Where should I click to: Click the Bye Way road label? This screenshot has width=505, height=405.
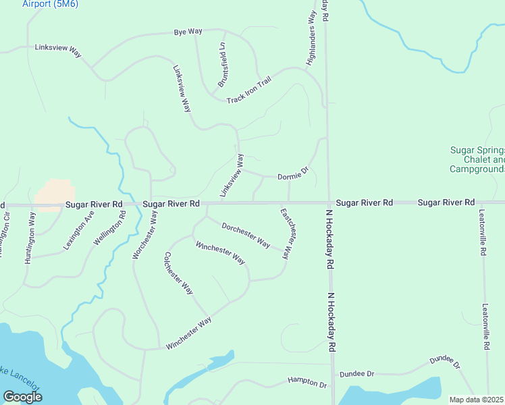[188, 32]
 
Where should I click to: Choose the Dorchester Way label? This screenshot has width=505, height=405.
[246, 235]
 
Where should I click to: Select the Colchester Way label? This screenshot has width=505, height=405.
[179, 273]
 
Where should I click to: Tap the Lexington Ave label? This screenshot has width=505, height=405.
[78, 231]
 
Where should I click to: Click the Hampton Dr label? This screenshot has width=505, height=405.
[307, 383]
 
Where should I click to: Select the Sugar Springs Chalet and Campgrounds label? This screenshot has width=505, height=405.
[477, 159]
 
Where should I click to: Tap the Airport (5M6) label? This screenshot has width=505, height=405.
[50, 4]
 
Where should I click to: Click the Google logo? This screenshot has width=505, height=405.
[22, 396]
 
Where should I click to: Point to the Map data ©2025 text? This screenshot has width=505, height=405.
[477, 400]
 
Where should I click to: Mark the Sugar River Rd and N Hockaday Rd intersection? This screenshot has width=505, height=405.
[329, 202]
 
